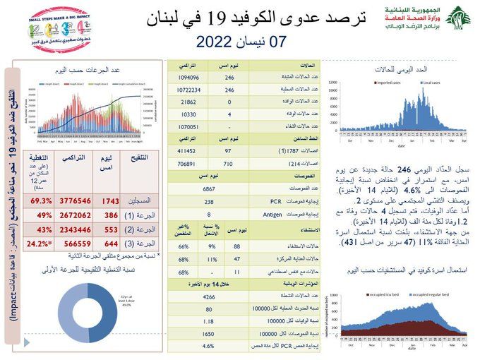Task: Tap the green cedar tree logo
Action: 459,20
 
